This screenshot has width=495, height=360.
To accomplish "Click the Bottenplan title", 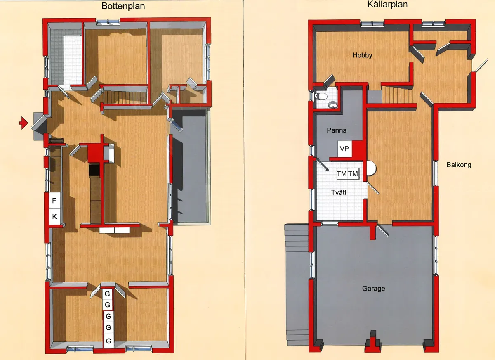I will pos(123,6).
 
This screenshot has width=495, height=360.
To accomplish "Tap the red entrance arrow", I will pos(24,123).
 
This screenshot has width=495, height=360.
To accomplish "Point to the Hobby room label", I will pos(362,55).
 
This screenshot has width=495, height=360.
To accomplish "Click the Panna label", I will pos(337,130).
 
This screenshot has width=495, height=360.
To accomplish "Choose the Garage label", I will pos(374,289).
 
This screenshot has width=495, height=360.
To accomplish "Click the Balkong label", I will pos(459,165).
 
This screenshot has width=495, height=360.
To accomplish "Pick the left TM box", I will pos(342,174).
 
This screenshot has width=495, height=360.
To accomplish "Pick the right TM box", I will pos(354,174).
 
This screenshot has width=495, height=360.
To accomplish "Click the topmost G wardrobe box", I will pos(108,294).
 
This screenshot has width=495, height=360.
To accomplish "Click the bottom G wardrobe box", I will pos(108,341).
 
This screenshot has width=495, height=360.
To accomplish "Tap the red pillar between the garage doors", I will pos(374,342).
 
